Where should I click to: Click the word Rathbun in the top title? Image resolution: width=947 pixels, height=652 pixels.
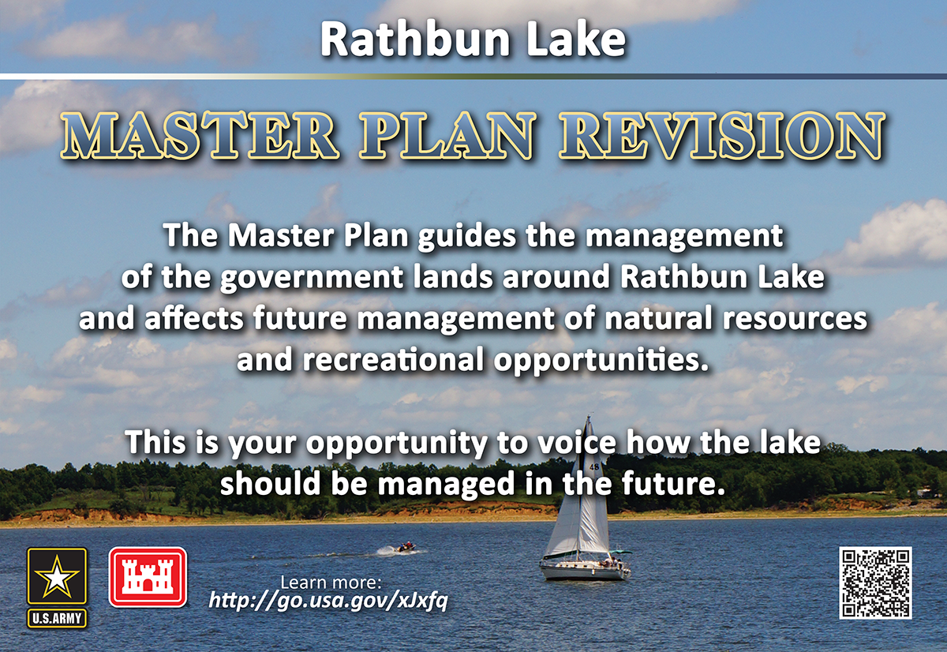point(415,39)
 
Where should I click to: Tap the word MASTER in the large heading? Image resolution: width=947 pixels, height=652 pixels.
point(200,135)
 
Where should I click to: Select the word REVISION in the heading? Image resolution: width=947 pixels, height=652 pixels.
point(722,135)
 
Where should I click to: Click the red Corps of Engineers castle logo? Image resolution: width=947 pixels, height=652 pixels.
point(148,577)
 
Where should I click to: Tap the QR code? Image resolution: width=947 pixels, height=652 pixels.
point(875,583)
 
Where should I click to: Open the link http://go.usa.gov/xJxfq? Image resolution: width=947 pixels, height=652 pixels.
point(328,601)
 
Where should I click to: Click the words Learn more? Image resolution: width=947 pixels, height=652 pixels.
point(331,583)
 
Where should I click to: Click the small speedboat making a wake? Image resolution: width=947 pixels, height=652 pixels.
point(405,548)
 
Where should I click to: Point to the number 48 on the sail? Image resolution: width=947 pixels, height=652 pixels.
point(593,467)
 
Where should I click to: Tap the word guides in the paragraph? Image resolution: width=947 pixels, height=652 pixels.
point(466,237)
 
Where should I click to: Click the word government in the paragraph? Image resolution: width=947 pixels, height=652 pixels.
point(312,278)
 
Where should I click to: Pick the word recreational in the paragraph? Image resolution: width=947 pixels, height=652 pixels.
point(393,360)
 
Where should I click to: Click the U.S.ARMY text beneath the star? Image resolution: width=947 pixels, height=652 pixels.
point(57,619)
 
